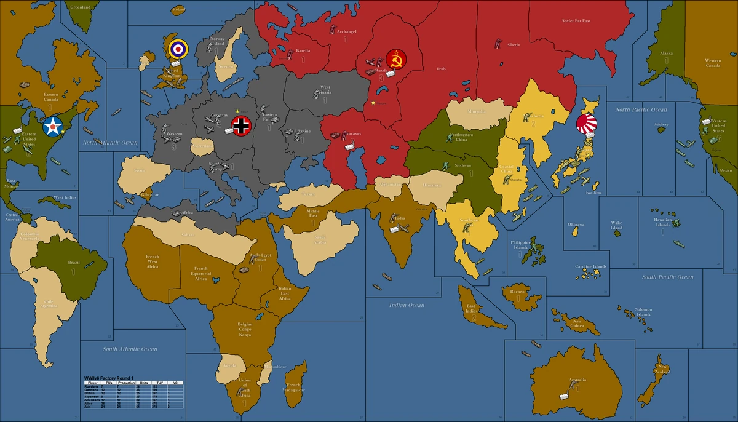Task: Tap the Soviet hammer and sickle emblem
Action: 395,59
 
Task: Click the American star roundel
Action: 53,127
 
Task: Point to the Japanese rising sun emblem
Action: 586,125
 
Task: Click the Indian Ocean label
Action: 407,305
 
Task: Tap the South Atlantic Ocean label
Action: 130,349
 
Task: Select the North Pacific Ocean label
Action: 641,109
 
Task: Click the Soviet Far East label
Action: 576,21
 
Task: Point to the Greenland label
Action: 80,7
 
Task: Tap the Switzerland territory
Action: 201,147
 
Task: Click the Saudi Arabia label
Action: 319,239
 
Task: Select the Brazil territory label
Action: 74,263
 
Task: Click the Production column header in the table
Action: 126,383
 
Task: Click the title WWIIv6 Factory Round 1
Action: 109,376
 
